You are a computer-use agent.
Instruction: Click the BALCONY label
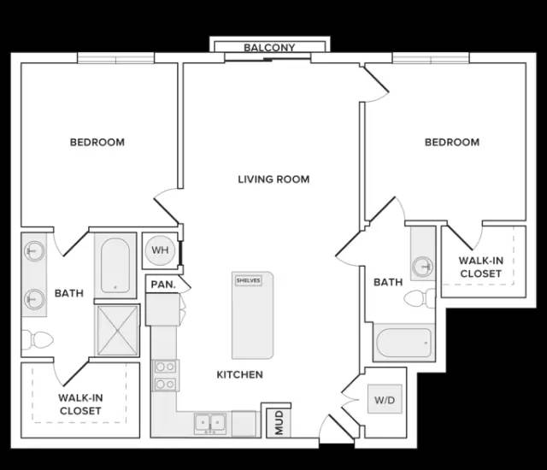[269, 47]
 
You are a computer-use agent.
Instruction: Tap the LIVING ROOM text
[273, 179]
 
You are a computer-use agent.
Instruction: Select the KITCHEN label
[239, 374]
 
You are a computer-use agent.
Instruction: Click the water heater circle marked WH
[160, 250]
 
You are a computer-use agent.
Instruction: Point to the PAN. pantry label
[163, 285]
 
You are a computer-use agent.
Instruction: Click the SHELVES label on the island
[249, 280]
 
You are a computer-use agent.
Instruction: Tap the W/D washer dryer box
[385, 399]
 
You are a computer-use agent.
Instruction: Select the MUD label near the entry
[279, 423]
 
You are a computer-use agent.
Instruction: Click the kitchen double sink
[210, 423]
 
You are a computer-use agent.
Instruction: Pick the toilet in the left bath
[38, 339]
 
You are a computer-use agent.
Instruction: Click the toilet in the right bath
[420, 298]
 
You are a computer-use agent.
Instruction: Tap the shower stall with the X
[118, 330]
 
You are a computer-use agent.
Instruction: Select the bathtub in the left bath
[115, 265]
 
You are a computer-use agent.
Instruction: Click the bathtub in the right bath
[404, 343]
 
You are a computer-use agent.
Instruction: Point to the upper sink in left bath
[34, 250]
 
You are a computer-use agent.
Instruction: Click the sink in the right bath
[423, 267]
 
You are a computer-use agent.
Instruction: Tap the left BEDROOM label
[97, 142]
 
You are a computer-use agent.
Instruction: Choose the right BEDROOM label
[452, 142]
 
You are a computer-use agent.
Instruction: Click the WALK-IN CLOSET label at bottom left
[80, 404]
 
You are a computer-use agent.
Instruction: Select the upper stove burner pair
[165, 367]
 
